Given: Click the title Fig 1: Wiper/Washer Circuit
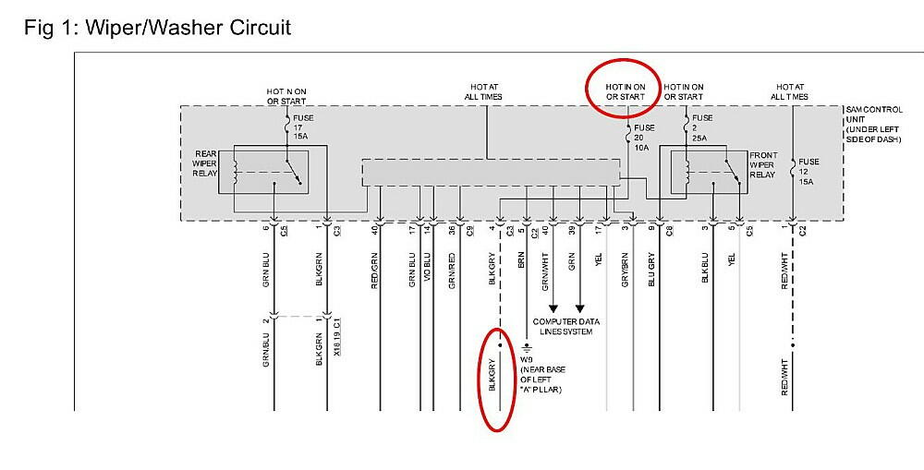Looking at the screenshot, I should (157, 28).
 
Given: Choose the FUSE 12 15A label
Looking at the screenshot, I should (808, 172).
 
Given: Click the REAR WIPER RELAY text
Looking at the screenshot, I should (204, 163).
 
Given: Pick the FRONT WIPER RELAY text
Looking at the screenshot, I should (766, 164).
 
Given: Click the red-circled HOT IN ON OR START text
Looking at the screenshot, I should (626, 91).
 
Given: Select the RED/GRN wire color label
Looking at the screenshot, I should (375, 270).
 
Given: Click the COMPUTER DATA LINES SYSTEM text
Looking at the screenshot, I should (565, 326).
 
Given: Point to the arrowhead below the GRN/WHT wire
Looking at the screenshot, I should (553, 309).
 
